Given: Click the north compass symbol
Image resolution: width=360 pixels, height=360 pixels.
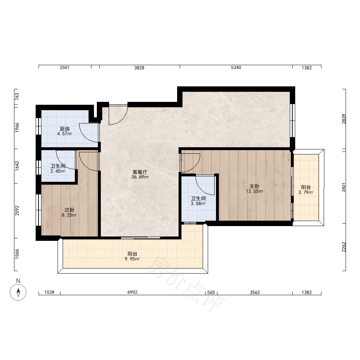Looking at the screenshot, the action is click(x=18, y=292).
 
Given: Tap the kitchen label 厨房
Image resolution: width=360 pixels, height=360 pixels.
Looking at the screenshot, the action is click(x=64, y=129).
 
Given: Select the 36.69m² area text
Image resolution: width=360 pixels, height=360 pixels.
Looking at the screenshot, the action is click(x=140, y=177).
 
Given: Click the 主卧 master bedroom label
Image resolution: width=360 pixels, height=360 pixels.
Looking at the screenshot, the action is click(x=255, y=186).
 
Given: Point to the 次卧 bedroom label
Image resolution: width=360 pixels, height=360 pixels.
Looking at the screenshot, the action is click(x=69, y=210).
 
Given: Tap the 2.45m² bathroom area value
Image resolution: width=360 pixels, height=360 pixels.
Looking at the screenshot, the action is click(x=58, y=171).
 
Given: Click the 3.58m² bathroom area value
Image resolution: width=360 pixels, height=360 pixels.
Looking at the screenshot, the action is click(x=198, y=203).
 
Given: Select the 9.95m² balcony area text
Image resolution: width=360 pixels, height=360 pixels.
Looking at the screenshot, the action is click(x=132, y=259).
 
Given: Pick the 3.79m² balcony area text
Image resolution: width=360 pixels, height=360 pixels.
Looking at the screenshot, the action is click(x=306, y=192).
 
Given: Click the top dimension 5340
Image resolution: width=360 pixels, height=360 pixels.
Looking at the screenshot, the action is click(x=236, y=68).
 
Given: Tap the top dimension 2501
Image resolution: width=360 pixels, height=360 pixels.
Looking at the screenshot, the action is click(x=64, y=68).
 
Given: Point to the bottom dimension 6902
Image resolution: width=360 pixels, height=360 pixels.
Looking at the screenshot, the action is click(x=132, y=292).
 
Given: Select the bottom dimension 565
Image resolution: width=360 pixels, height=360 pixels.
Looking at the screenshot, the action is click(x=211, y=292).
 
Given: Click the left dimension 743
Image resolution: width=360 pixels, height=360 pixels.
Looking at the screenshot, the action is click(x=17, y=96).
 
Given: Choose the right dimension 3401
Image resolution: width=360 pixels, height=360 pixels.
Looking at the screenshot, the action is click(x=343, y=187).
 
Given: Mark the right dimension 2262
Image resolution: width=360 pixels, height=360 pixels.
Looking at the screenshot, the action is click(x=344, y=247).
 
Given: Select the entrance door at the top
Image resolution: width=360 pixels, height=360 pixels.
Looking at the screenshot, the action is click(x=118, y=115).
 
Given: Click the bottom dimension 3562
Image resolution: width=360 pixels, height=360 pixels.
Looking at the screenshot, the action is click(x=255, y=292).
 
